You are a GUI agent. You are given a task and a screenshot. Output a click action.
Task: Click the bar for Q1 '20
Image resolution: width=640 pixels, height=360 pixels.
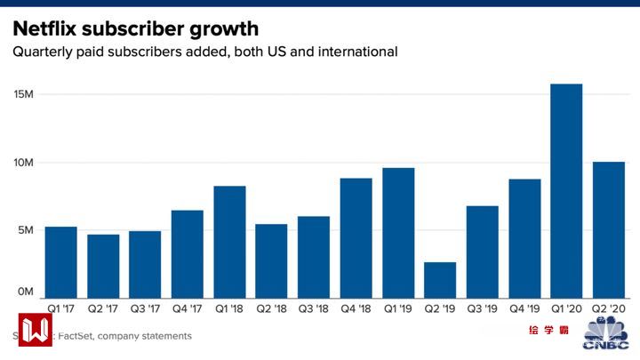pos(567,190)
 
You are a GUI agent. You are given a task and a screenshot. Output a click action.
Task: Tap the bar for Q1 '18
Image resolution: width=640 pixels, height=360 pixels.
pos(229,241)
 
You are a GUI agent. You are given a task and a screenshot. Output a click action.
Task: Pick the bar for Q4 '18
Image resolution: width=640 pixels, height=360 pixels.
pos(356,237)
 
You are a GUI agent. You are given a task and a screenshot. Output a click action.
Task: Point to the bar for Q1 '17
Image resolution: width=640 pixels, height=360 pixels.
pos(60,261)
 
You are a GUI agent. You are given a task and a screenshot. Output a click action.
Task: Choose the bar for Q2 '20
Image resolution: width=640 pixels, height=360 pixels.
pos(609,229)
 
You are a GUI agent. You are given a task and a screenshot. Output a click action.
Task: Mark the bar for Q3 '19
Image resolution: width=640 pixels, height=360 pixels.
pos(483,252)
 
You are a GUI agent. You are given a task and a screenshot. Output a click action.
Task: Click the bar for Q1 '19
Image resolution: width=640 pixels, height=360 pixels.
pos(398,232)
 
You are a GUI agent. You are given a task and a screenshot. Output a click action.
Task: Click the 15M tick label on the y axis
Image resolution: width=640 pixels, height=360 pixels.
pos(24,95)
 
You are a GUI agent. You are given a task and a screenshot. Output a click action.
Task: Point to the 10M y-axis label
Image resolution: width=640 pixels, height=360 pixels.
pos(24,163)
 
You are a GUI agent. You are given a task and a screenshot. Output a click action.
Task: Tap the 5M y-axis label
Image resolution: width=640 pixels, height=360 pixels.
pos(27,230)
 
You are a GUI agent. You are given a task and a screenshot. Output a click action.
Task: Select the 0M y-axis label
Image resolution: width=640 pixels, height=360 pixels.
pos(27,292)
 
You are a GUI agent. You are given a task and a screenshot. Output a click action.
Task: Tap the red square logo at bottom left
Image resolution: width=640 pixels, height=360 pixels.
pos(36,330)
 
